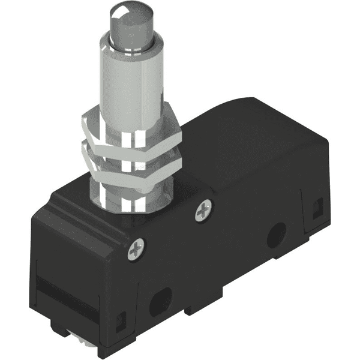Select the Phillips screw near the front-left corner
(x=137, y=248)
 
